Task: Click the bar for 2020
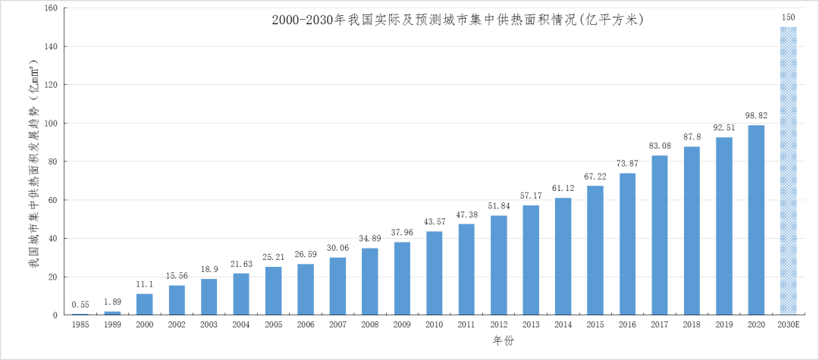coord(756,220)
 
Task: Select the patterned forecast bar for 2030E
coord(789,171)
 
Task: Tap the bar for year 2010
coord(435,273)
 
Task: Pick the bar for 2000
coord(144,304)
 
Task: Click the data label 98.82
coord(756,115)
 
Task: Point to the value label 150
coord(789,17)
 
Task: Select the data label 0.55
coord(80,305)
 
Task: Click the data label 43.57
coord(435,221)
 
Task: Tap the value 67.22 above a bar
coord(595,176)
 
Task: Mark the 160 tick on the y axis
coord(51,8)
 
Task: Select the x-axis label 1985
coord(80,324)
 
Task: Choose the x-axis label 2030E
coord(789,324)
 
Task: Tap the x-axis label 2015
coord(595,324)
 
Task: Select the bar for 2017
coord(660,235)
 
